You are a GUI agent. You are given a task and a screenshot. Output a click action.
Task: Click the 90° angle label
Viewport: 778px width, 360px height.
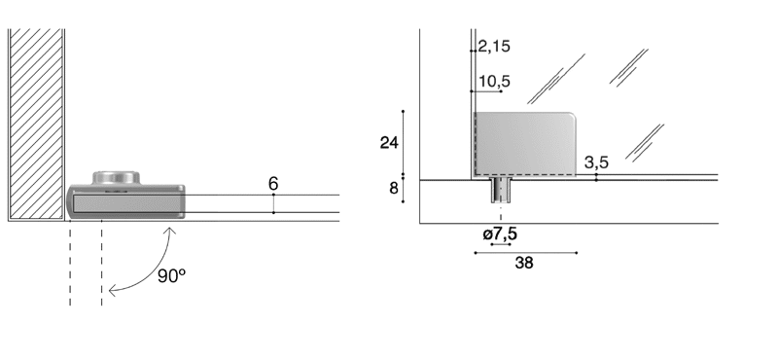(172, 275)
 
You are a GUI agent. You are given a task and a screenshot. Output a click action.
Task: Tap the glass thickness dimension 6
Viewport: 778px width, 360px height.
(273, 184)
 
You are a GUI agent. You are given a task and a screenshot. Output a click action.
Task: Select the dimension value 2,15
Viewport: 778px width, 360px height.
(494, 46)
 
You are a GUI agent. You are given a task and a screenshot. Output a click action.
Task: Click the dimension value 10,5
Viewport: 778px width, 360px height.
(495, 81)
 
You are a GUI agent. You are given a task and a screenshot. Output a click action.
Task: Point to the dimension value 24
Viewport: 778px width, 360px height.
(389, 143)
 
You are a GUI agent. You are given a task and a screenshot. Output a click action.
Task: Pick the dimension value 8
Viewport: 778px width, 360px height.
(394, 188)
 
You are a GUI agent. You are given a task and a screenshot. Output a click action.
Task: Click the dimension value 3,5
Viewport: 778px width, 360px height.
(596, 162)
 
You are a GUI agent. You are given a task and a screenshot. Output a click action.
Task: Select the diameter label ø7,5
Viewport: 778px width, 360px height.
(500, 234)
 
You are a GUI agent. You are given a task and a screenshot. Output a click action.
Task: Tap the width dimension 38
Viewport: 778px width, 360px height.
(524, 263)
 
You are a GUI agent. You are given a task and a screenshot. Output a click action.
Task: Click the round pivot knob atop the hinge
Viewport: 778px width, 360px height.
(116, 178)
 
